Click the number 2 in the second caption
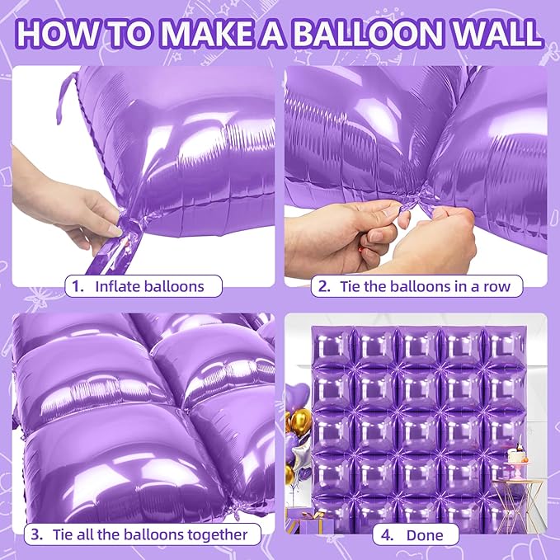click(325, 286)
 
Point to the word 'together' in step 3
click(217, 534)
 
